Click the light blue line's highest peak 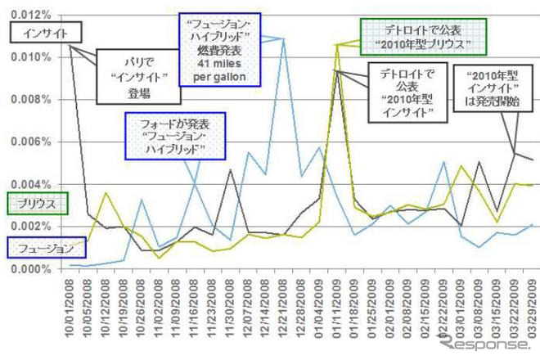[x=283, y=38]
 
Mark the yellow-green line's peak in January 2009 [x=337, y=45]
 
